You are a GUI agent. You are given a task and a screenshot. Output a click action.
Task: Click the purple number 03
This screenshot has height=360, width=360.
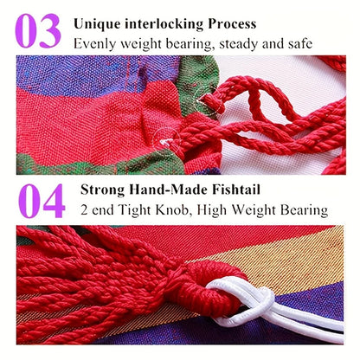[x=38, y=31]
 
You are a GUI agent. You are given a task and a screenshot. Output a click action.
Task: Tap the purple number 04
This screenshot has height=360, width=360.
[x=42, y=201]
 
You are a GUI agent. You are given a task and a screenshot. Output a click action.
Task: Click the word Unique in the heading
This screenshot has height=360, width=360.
[x=97, y=24]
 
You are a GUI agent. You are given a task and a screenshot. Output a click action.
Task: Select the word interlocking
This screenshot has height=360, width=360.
[x=164, y=24]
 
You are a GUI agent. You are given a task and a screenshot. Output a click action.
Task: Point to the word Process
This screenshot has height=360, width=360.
[x=232, y=24]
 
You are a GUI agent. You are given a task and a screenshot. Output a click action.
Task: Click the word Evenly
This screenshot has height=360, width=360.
[x=94, y=44]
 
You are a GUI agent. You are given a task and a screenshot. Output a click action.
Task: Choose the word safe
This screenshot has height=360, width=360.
[x=300, y=43]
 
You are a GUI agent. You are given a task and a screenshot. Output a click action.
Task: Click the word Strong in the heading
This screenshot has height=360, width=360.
[x=102, y=190]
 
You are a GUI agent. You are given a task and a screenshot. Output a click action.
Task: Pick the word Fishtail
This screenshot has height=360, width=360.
[x=236, y=190]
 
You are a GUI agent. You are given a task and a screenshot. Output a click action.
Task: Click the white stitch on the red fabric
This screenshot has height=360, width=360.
[x=165, y=142]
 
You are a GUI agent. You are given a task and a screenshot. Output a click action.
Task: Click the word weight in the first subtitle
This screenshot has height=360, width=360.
[x=140, y=44]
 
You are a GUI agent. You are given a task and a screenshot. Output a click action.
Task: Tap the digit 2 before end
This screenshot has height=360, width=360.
[x=84, y=209]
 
